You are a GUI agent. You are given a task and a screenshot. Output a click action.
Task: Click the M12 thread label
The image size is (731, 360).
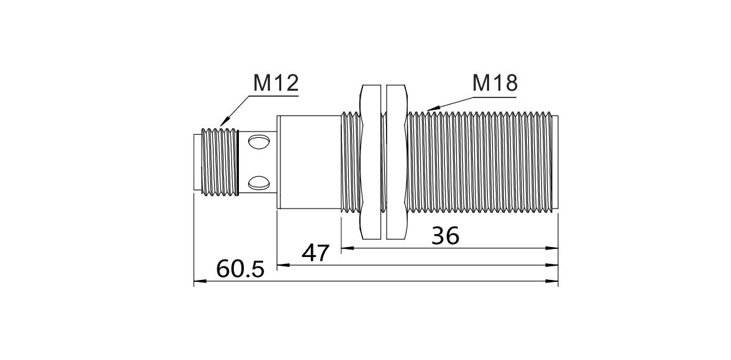tap(276, 83)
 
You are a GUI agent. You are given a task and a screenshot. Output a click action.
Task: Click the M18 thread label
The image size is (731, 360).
tap(495, 83)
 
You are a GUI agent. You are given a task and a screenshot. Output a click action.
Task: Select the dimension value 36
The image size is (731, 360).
tap(446, 236)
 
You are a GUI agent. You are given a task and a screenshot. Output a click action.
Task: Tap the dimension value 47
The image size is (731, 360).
tap(316, 253)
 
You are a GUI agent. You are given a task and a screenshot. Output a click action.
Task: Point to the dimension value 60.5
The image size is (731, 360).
tap(240, 269)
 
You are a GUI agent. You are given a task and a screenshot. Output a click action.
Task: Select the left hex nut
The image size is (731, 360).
tap(371, 162)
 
